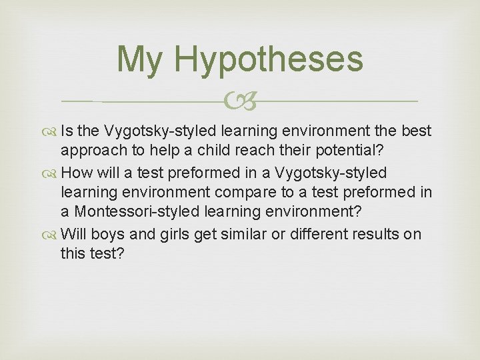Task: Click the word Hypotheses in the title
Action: [x=268, y=60]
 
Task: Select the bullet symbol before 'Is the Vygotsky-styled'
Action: [x=53, y=132]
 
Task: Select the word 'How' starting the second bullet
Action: [x=75, y=173]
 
